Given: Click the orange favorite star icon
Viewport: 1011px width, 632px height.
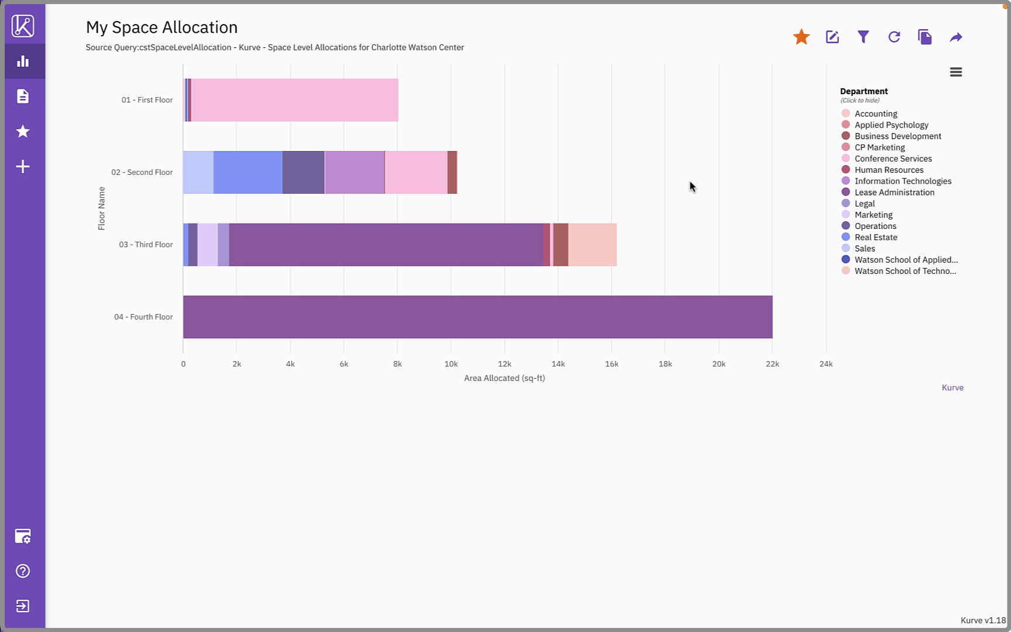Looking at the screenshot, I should point(801,37).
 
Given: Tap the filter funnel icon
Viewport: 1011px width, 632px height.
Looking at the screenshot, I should point(863,37).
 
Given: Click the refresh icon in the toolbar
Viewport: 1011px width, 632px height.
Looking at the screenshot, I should point(894,37).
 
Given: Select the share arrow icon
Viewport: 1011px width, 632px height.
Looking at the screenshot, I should point(955,37).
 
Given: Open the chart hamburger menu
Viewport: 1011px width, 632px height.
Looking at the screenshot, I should point(955,72).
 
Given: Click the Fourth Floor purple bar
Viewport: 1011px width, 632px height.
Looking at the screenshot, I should point(477,317).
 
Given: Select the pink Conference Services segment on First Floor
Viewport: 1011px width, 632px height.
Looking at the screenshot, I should point(294,100).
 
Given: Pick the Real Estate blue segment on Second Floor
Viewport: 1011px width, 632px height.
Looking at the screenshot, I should point(248,172).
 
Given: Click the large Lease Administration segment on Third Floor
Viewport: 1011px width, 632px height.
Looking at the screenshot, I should point(386,245).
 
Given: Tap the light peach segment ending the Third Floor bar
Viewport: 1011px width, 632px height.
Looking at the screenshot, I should point(592,245).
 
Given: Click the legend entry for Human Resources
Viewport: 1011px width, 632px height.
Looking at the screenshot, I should point(889,170).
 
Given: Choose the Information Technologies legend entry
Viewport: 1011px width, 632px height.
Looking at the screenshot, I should point(903,181).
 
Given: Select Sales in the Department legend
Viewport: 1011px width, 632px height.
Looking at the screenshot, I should point(865,248).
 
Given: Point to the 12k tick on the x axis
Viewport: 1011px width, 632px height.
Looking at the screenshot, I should point(504,364).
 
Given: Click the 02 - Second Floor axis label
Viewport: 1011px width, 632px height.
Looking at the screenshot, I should point(142,172).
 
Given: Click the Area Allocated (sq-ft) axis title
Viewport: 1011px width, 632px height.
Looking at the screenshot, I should point(504,378).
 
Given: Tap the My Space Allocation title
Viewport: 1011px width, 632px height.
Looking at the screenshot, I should point(162,28).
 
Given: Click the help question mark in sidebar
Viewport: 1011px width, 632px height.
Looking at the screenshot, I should point(23,571).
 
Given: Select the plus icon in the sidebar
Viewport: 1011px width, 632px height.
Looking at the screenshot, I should point(23,167).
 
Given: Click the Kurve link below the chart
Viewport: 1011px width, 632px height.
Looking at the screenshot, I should point(952,387).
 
